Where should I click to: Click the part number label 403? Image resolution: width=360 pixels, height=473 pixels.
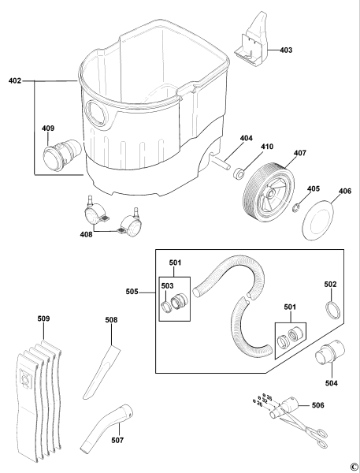(x=285, y=50)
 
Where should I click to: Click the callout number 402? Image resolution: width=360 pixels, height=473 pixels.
(x=15, y=80)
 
